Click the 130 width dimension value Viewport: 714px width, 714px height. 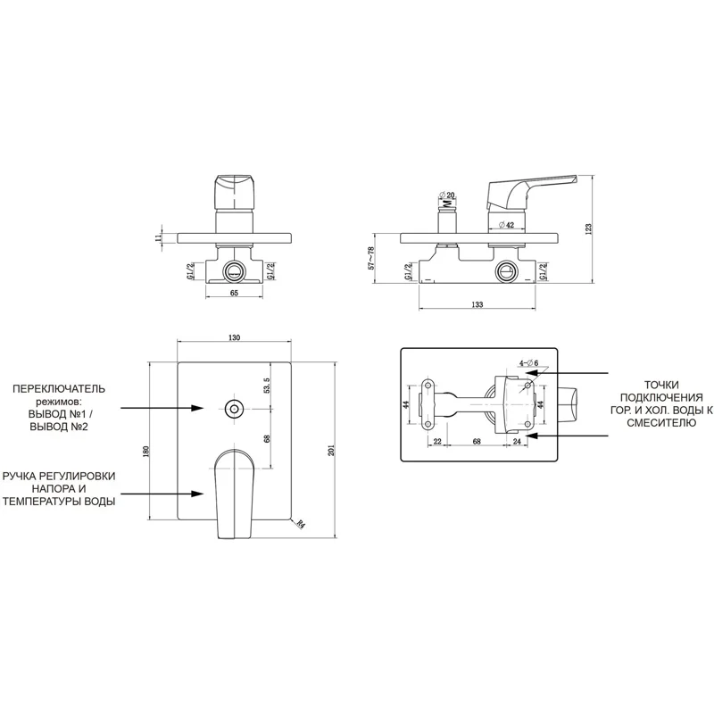(234, 337)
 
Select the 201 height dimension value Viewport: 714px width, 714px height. (331, 450)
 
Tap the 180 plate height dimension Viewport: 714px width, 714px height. (145, 452)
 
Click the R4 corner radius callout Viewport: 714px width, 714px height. (300, 524)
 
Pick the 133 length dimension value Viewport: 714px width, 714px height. (477, 304)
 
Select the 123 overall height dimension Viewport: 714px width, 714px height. (588, 228)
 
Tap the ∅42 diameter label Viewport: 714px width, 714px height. (506, 225)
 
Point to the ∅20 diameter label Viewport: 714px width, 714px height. (447, 195)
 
